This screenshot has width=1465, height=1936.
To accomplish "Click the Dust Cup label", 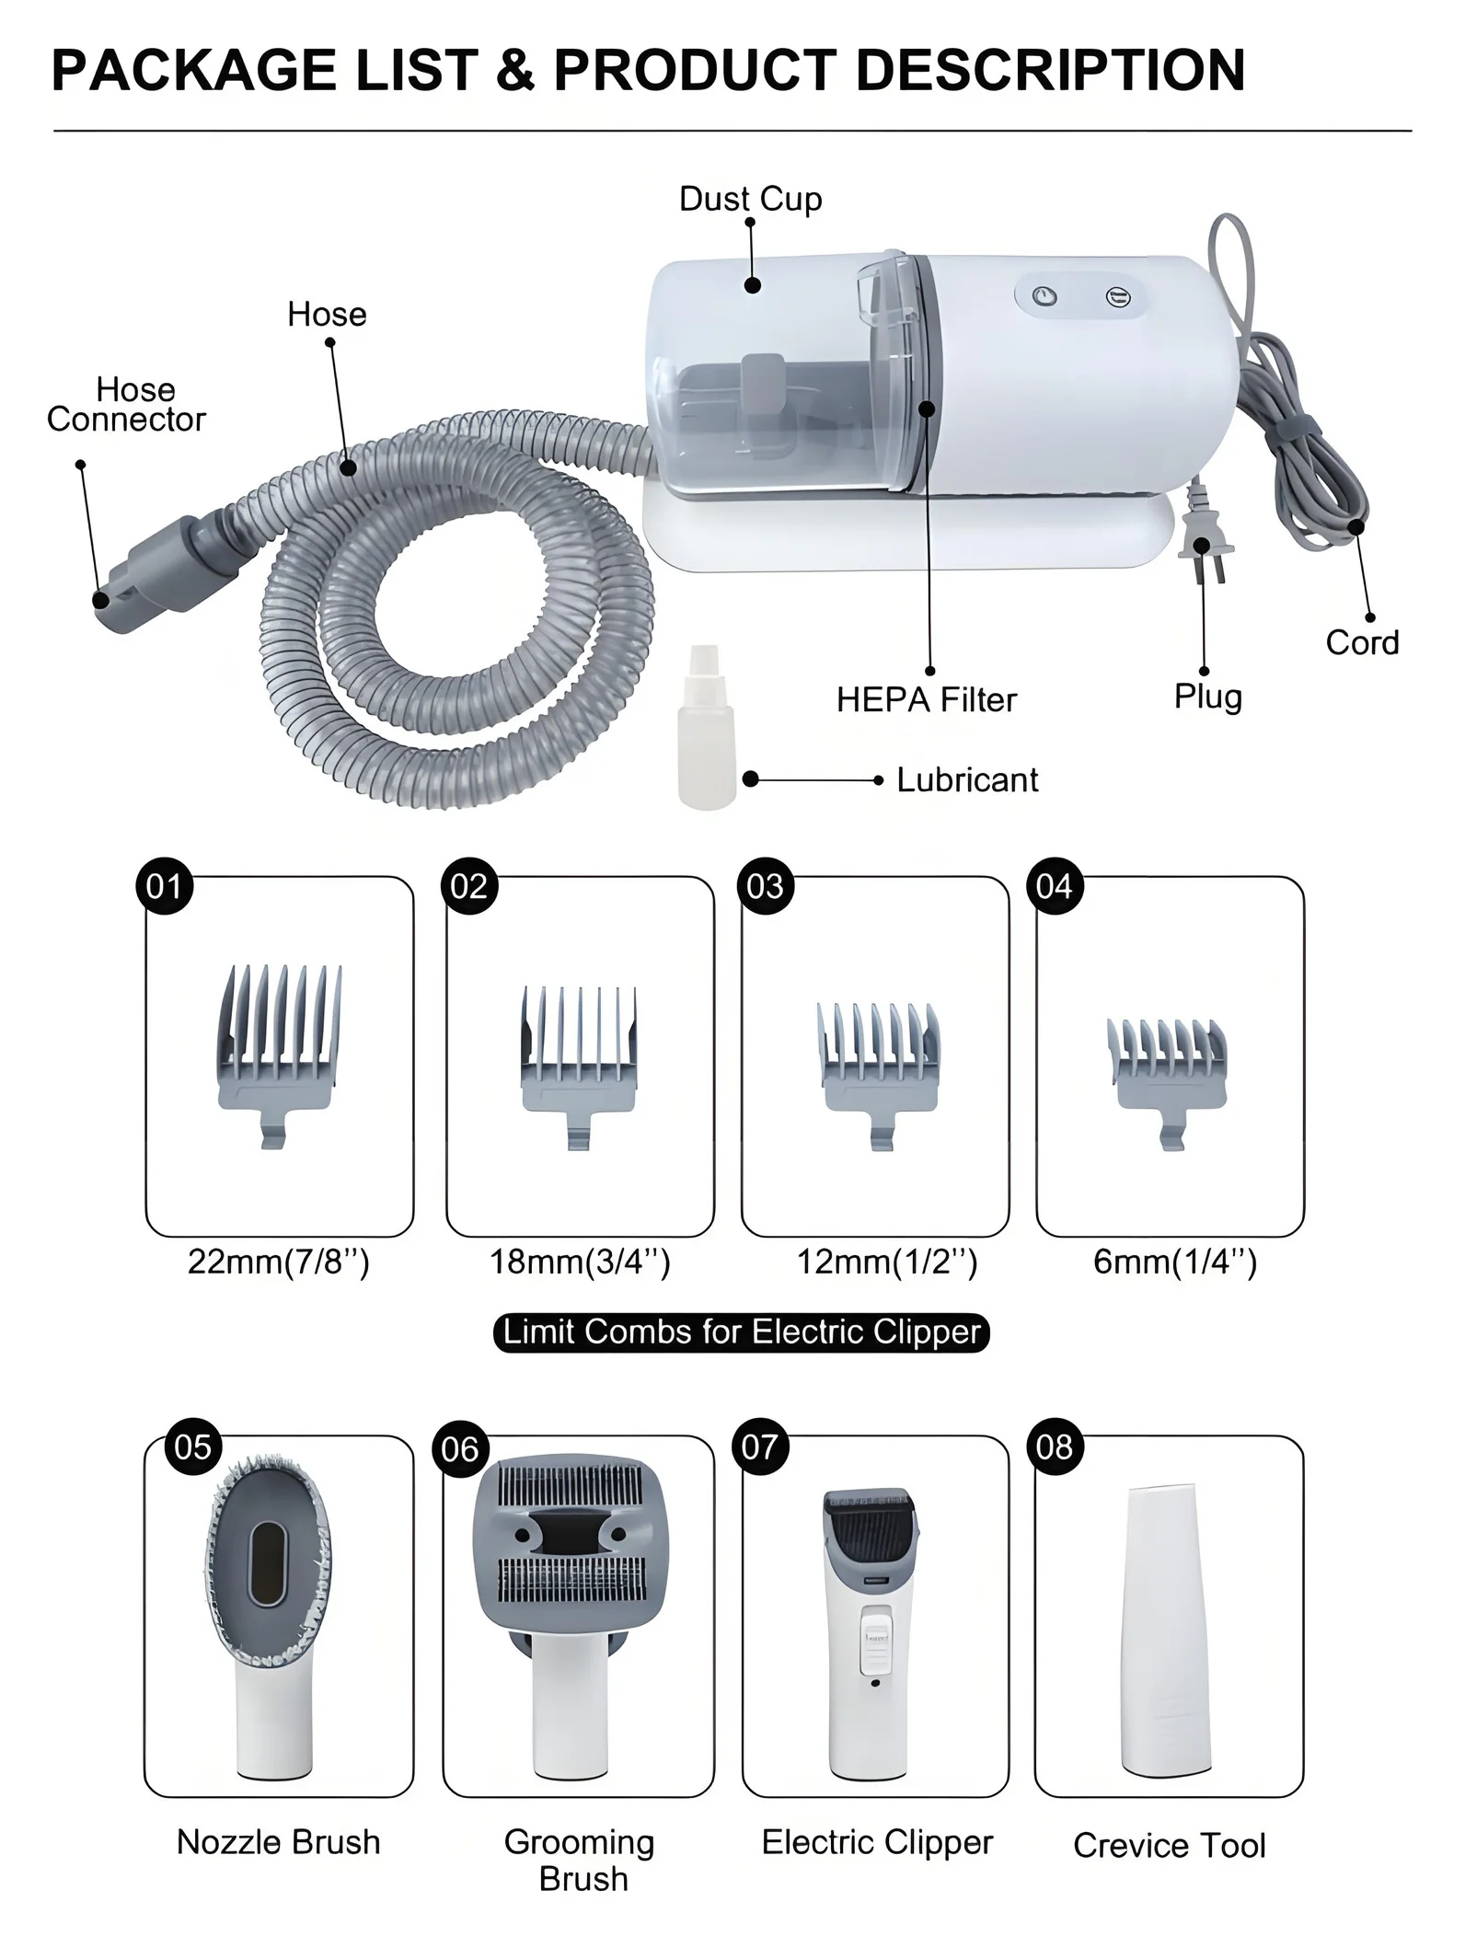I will point(750,199).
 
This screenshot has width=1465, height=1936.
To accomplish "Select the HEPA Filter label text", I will point(926,700).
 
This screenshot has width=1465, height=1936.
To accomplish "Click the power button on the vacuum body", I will point(1044,297).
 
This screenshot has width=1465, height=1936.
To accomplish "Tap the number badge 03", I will point(765,886).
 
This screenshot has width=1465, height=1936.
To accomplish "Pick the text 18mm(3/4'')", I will point(579,1261).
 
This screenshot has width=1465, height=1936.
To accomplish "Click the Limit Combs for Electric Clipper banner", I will point(741,1332).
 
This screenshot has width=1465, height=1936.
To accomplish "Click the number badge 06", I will point(459,1449).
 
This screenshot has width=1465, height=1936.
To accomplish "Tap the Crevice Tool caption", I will point(1169,1846).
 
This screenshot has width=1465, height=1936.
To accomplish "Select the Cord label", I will point(1361,642).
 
